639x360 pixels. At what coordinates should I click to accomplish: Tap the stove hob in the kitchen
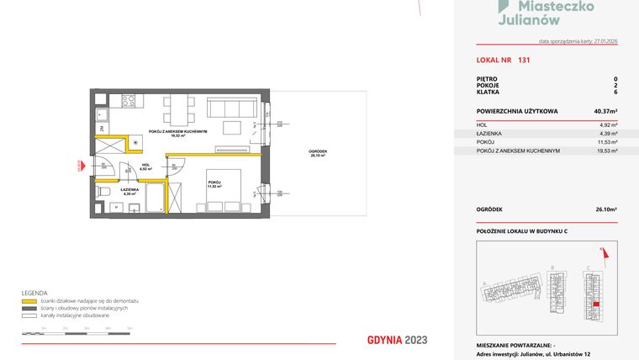129,101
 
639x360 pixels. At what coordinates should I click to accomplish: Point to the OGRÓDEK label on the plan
318,151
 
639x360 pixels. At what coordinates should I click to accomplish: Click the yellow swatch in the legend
31,300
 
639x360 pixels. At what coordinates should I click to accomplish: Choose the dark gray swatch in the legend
31,308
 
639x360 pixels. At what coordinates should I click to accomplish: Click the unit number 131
524,60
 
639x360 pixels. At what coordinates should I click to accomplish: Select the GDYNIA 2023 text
398,340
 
